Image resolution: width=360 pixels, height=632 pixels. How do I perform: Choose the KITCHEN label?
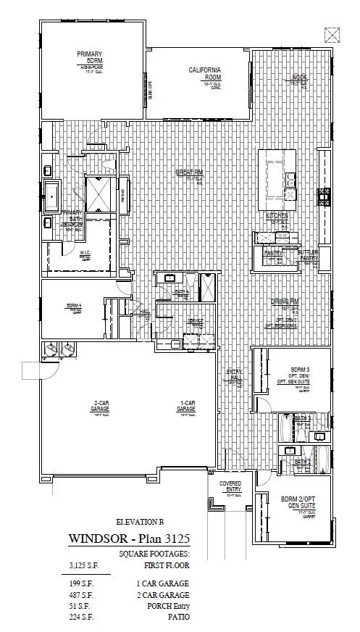point(277,216)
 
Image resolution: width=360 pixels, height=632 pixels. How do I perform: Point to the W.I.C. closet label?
point(85,254)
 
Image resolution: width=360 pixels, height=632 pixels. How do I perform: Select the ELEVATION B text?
point(140,522)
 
